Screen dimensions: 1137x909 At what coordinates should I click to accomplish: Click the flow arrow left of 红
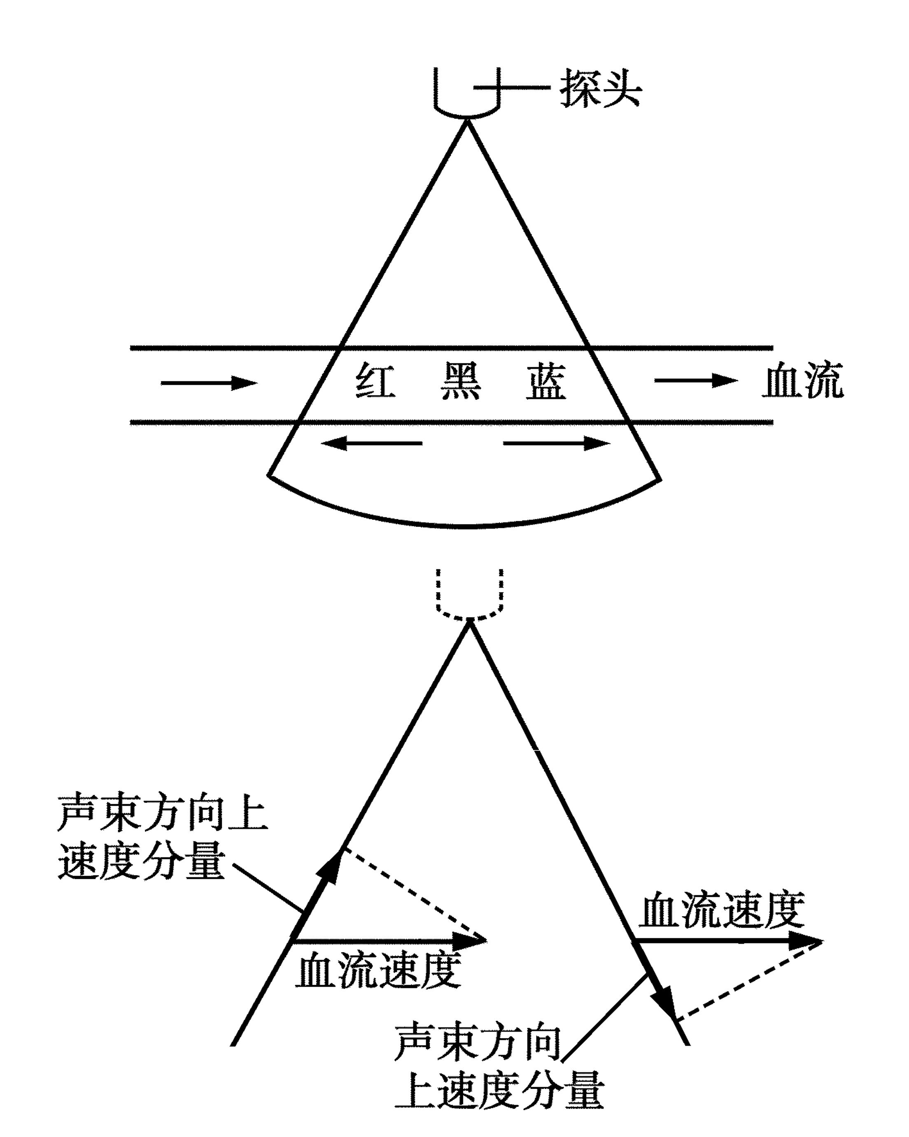[x=209, y=383]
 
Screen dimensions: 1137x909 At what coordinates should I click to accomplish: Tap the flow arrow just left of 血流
[x=696, y=380]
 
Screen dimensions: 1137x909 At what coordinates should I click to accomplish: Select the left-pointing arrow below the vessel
[x=372, y=444]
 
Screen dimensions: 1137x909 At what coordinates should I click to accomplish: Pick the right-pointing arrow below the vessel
[x=557, y=444]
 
